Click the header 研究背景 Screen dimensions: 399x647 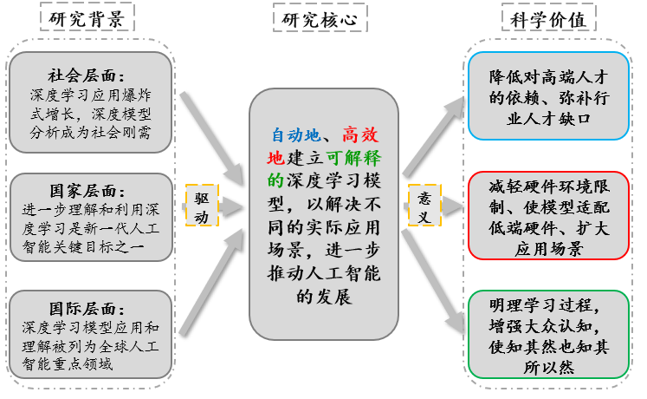tap(87, 18)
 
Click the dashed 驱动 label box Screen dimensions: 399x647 tap(202, 206)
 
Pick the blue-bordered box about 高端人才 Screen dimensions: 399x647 tap(548, 95)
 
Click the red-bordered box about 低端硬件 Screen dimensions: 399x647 tap(548, 214)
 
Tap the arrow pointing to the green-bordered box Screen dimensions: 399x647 tap(433, 278)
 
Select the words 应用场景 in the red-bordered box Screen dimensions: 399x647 tap(548, 250)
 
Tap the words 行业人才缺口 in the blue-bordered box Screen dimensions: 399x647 tap(548, 116)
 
